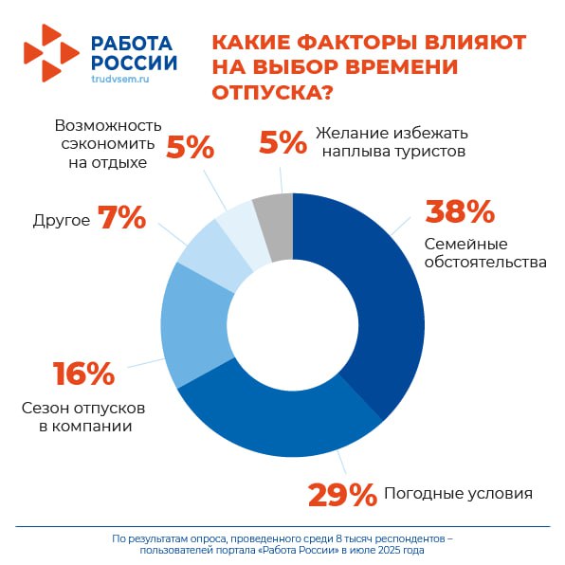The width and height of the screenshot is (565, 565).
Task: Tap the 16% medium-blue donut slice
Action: tap(194, 324)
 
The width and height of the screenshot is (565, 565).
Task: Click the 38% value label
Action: tap(460, 212)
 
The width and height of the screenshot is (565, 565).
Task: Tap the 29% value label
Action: tap(342, 495)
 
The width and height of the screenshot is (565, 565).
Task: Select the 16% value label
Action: tap(84, 374)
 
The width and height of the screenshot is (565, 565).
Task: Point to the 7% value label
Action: tap(121, 217)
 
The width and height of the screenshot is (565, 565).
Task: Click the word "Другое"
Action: tap(62, 220)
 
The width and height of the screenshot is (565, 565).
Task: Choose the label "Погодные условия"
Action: tap(458, 493)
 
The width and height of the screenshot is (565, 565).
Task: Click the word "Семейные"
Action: tap(465, 244)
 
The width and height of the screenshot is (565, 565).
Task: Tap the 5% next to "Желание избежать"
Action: tap(282, 143)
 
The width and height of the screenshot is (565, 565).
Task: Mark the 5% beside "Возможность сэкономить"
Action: tap(191, 147)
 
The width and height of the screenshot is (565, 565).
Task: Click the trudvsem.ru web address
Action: tap(120, 79)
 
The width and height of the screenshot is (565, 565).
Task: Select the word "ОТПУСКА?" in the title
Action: tap(272, 92)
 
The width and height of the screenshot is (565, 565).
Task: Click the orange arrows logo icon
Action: tap(51, 53)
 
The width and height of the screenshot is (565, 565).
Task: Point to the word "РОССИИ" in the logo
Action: tap(134, 63)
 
